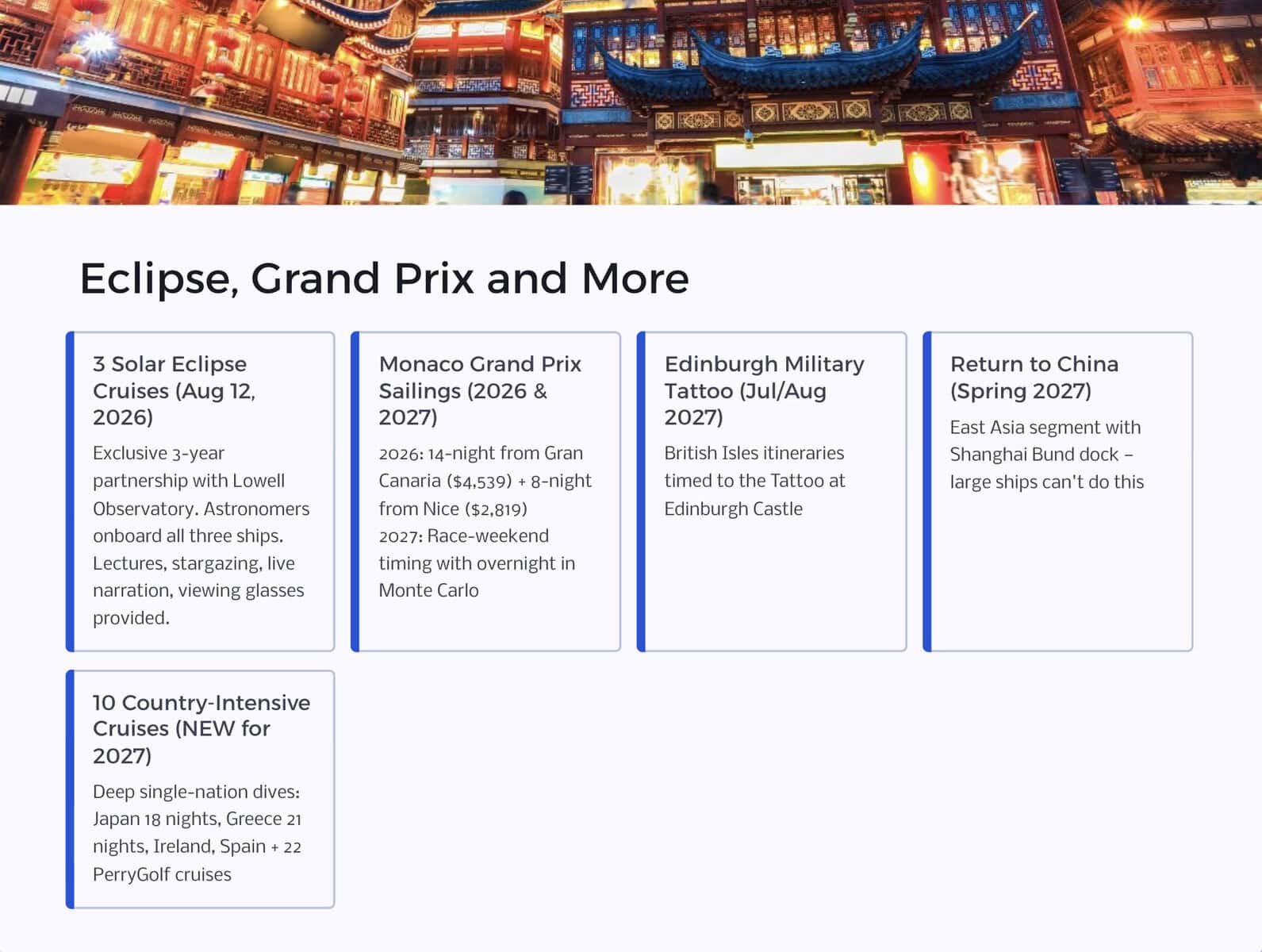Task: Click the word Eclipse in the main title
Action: [159, 279]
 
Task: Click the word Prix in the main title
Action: [434, 278]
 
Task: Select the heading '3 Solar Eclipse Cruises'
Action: [175, 390]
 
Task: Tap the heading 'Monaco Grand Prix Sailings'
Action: [480, 390]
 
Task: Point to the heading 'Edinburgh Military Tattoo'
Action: [764, 390]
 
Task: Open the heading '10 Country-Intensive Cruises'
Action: [201, 728]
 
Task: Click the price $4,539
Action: [480, 482]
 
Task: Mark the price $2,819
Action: [496, 509]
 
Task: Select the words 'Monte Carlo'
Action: [428, 590]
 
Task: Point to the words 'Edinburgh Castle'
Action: [733, 509]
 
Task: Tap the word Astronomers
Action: [256, 509]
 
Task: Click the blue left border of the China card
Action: [927, 492]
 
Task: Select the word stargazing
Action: [217, 563]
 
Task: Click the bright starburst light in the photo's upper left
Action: [98, 42]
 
